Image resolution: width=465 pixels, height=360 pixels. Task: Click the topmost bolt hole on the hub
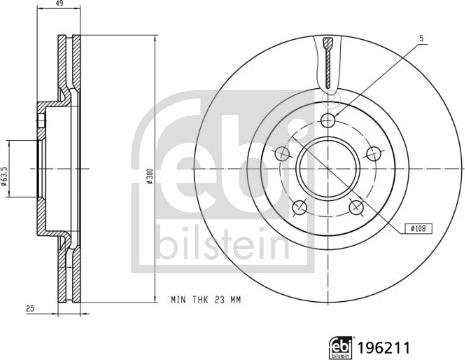pos(329,121)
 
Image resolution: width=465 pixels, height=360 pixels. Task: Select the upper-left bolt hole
pos(282,154)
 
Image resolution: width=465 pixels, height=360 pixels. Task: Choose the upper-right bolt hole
pos(375,154)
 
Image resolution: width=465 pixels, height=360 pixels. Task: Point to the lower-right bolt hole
pos(357,208)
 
